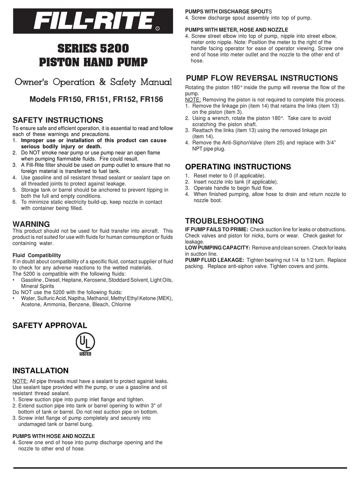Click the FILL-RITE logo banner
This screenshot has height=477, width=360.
[93, 20]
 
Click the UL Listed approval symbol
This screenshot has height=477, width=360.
[85, 344]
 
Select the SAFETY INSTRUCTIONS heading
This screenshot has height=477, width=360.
[58, 120]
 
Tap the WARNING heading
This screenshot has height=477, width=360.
[31, 224]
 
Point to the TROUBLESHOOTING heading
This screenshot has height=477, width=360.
[224, 221]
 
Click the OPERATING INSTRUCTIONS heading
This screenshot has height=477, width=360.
[238, 167]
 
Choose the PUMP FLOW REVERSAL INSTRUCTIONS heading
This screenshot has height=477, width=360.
[262, 78]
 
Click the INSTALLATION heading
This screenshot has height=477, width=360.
[41, 371]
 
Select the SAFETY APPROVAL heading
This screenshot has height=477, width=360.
[50, 326]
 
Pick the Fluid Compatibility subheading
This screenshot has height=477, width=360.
[36, 256]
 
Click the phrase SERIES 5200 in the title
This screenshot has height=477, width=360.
[93, 48]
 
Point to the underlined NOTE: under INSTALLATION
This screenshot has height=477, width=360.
[20, 381]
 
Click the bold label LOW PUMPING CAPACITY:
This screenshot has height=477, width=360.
[218, 248]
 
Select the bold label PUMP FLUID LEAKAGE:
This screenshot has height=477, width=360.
[214, 260]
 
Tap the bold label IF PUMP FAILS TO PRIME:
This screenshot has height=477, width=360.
[216, 229]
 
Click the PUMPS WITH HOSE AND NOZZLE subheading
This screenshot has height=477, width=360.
[54, 436]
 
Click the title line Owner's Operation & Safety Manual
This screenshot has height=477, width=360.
[93, 82]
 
